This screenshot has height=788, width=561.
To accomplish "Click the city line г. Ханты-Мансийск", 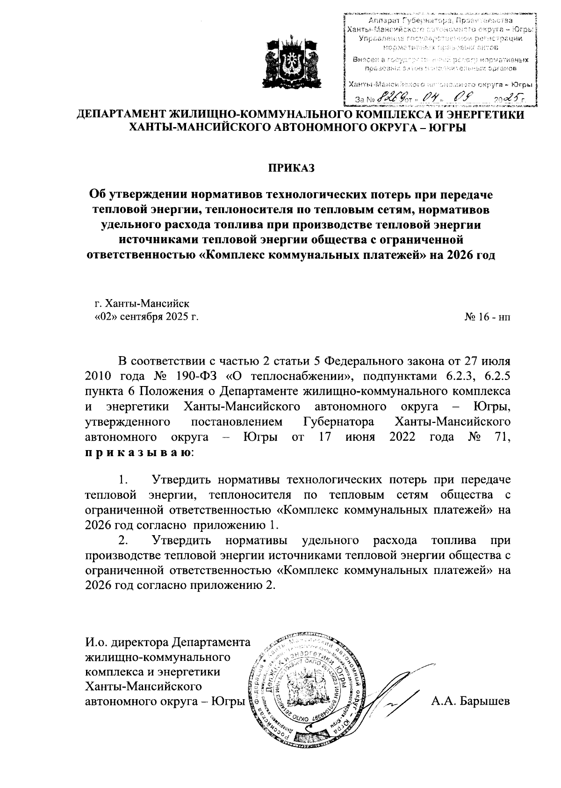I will pos(143,304).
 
